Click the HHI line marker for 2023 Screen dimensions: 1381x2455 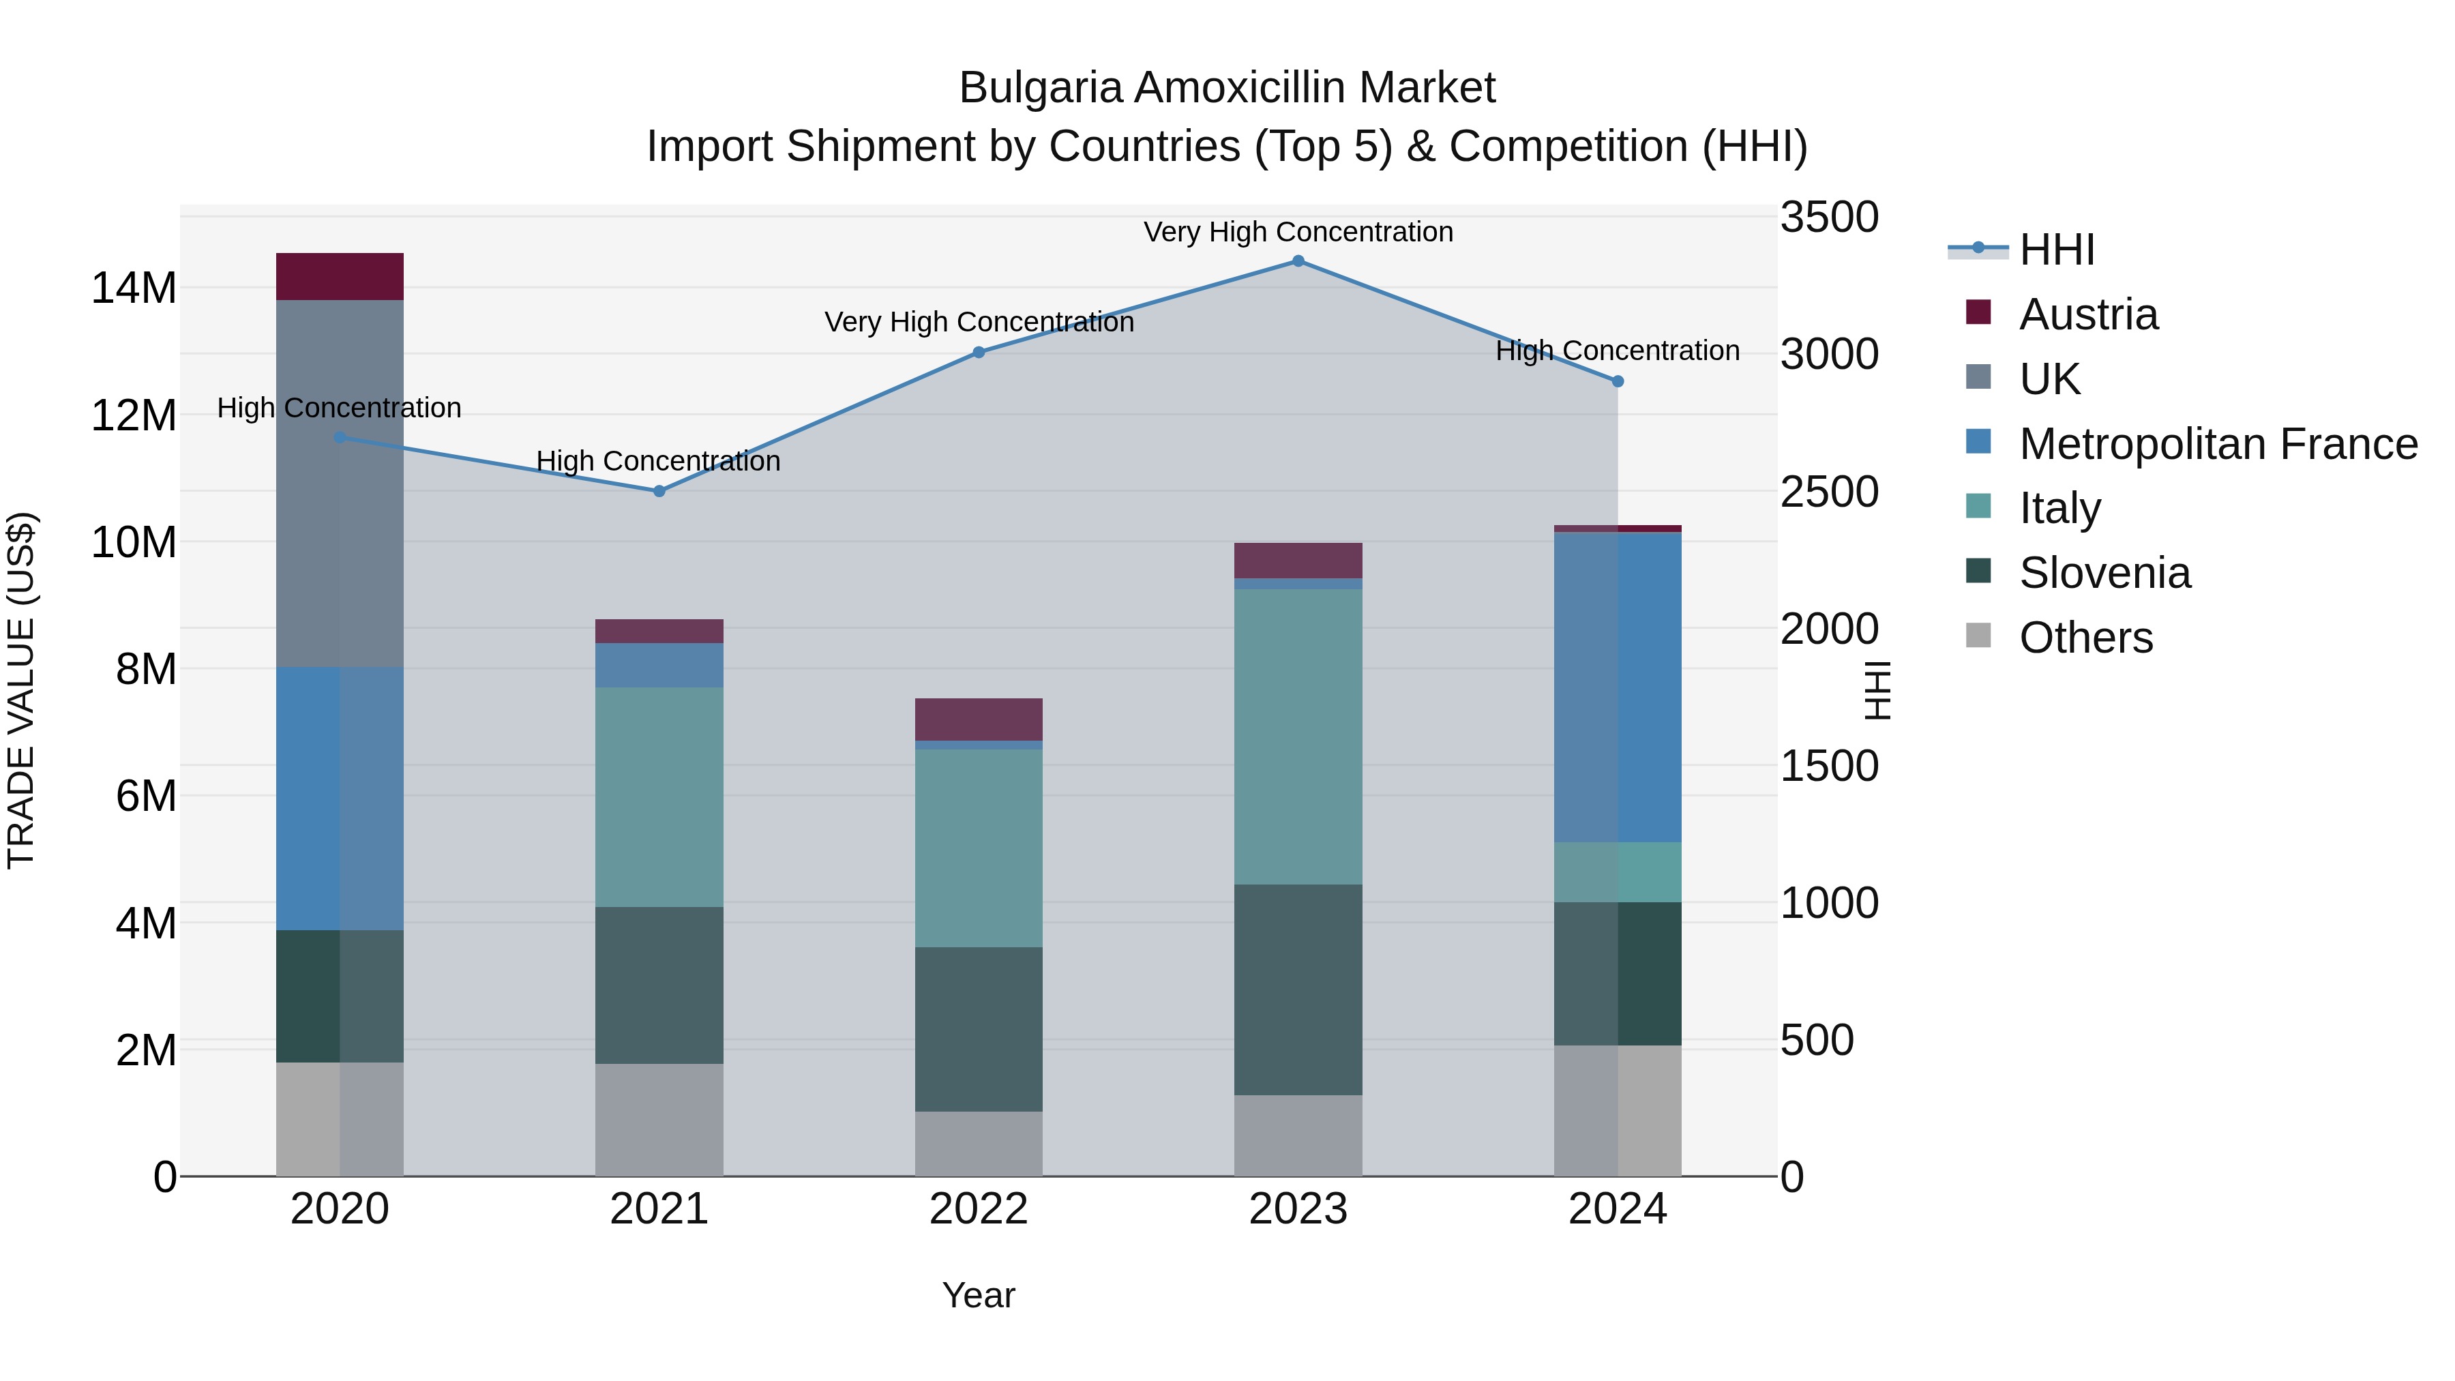pyautogui.click(x=1298, y=261)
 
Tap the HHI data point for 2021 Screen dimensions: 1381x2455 pyautogui.click(x=659, y=491)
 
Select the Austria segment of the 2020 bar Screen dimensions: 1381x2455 pyautogui.click(x=340, y=276)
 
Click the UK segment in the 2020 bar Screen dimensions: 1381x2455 pyautogui.click(x=340, y=484)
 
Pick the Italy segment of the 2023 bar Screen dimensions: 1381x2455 pyautogui.click(x=1298, y=736)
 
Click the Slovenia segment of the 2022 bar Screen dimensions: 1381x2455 pyautogui.click(x=979, y=1028)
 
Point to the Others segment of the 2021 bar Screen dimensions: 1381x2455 pyautogui.click(x=659, y=1119)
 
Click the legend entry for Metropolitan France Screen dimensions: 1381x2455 pyautogui.click(x=2218, y=444)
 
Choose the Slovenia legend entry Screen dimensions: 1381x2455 pyautogui.click(x=2104, y=573)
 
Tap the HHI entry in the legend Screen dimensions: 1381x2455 pyautogui.click(x=2057, y=250)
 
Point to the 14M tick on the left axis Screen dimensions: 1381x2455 pyautogui.click(x=134, y=288)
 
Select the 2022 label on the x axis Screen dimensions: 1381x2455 pyautogui.click(x=979, y=1209)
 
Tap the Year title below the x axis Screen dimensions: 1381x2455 pyautogui.click(x=979, y=1295)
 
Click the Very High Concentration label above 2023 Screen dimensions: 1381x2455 pyautogui.click(x=1298, y=232)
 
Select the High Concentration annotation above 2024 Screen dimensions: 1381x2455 pyautogui.click(x=1618, y=351)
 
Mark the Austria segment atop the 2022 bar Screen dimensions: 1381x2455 pyautogui.click(x=979, y=719)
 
